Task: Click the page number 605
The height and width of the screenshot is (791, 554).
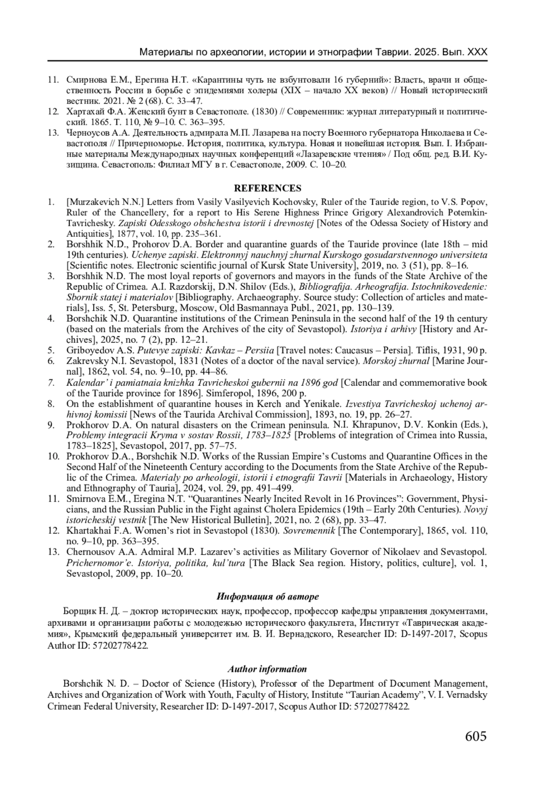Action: pyautogui.click(x=476, y=736)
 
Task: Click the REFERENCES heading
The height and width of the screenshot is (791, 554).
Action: pyautogui.click(x=268, y=188)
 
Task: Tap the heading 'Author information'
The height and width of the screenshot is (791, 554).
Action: pyautogui.click(x=267, y=669)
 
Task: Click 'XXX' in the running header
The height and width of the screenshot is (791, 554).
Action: pyautogui.click(x=477, y=52)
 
